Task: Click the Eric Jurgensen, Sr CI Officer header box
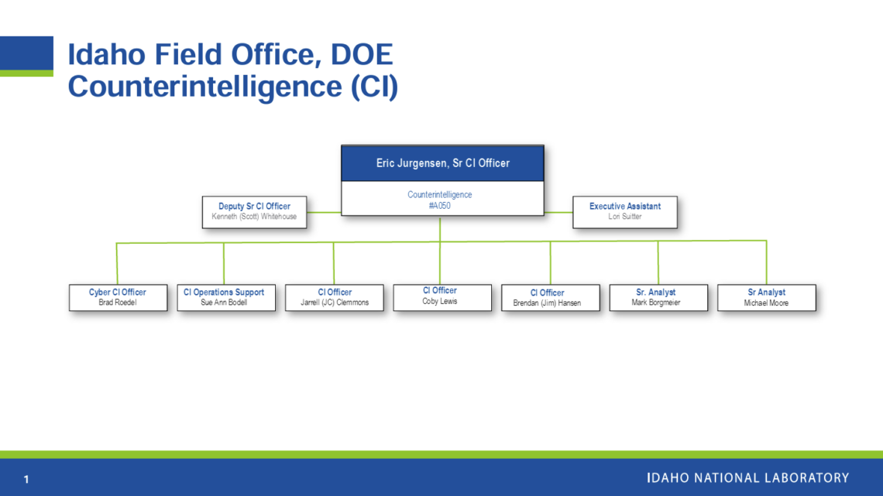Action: pos(442,163)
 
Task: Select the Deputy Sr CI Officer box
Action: pos(255,212)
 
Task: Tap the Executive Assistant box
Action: pos(625,212)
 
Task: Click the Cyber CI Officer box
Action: pos(119,297)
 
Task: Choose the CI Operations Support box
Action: pos(226,297)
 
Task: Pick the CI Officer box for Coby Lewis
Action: pos(442,297)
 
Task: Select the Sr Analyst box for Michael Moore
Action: pos(767,297)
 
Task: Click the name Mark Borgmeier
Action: pos(656,303)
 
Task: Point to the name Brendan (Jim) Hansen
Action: pos(547,303)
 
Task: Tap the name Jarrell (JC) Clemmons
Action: pos(335,303)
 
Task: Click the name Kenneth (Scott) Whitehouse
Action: pos(254,217)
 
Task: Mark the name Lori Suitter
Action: pos(625,217)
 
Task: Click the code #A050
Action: pos(440,206)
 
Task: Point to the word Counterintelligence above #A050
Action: pos(440,194)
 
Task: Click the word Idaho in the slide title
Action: pos(106,54)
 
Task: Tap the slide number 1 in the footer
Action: pos(26,479)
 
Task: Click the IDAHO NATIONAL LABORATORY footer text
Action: pos(748,478)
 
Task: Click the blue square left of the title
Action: pos(26,53)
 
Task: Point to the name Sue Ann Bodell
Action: pos(224,303)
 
